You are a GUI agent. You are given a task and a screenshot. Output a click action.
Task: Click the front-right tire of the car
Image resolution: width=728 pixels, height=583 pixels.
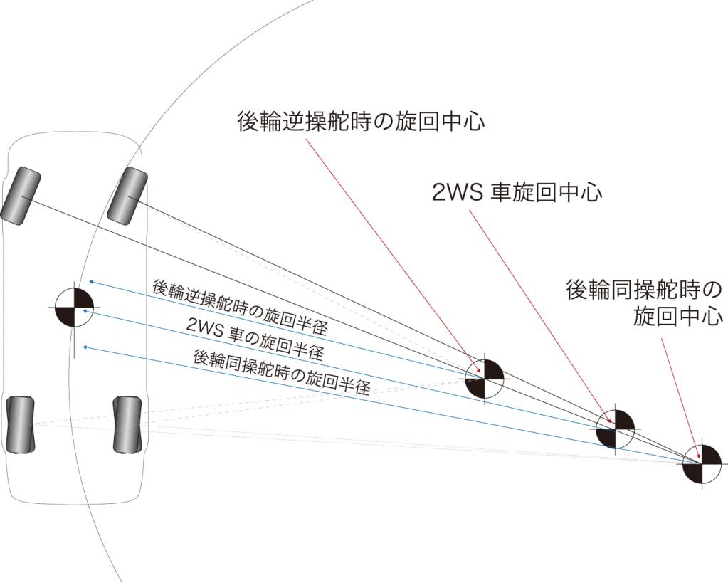click(127, 194)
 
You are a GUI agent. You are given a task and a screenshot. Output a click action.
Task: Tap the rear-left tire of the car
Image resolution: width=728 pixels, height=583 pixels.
click(20, 425)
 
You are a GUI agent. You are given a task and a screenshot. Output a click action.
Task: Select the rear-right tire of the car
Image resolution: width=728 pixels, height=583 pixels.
click(127, 425)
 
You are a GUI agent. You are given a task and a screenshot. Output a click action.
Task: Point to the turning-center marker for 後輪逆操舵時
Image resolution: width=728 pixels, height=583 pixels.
click(485, 379)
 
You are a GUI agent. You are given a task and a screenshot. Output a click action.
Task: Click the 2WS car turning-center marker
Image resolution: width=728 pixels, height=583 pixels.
click(614, 429)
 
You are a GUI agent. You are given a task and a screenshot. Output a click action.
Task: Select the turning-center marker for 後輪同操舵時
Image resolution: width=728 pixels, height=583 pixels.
click(702, 462)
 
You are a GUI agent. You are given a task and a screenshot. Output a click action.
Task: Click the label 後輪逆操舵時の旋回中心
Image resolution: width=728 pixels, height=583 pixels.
click(361, 122)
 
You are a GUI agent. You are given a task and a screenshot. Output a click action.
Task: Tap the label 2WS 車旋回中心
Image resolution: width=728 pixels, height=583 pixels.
click(517, 192)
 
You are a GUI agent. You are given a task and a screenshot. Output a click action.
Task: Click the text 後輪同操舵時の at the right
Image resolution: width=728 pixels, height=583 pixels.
click(644, 290)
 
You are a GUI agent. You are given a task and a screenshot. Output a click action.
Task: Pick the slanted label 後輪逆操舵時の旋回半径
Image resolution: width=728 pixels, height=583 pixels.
click(240, 308)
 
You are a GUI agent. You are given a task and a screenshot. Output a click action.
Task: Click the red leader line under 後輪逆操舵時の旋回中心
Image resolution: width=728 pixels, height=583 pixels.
click(391, 249)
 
